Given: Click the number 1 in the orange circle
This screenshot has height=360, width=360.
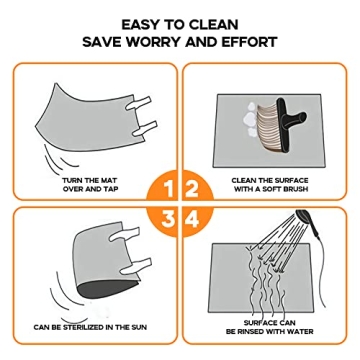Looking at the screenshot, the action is pyautogui.click(x=169, y=189).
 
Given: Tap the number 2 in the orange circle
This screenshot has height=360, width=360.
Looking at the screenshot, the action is pyautogui.click(x=192, y=189).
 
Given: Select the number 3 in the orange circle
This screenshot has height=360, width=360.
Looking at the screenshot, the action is pyautogui.click(x=169, y=219).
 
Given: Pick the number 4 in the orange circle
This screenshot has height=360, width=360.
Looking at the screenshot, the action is pyautogui.click(x=192, y=219).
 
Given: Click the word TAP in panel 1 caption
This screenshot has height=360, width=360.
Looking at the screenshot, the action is pyautogui.click(x=112, y=189).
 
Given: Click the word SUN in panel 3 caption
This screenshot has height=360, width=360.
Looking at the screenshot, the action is pyautogui.click(x=139, y=327).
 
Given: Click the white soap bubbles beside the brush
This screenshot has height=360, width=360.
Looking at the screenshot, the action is pyautogui.click(x=252, y=119).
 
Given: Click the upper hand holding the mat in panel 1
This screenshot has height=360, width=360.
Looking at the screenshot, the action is pyautogui.click(x=139, y=103).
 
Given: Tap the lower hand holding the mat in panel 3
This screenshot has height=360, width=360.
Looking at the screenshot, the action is pyautogui.click(x=135, y=266).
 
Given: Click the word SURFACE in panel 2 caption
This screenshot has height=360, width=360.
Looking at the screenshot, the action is pyautogui.click(x=291, y=181).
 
